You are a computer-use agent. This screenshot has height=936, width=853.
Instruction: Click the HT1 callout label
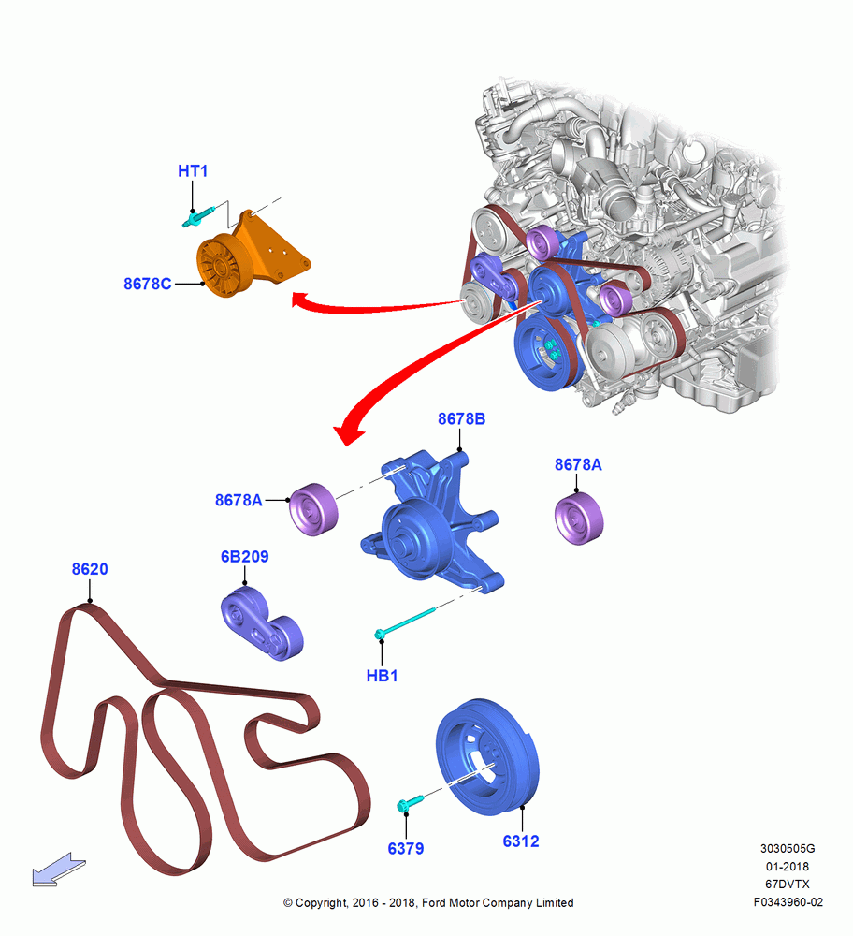pos(193,171)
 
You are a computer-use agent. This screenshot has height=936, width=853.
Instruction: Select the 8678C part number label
pos(148,285)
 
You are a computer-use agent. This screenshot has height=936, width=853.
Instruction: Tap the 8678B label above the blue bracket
pos(462,419)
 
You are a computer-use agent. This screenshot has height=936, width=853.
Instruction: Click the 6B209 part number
pos(244,557)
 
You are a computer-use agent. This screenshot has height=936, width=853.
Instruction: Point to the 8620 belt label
pos(90,569)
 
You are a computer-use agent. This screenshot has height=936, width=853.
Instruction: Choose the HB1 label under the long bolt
pos(382,676)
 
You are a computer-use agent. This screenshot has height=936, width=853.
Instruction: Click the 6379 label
pos(406,848)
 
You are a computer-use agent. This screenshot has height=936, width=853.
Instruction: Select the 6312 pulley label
pos(521,841)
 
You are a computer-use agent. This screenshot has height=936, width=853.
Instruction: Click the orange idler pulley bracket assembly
pos(251,256)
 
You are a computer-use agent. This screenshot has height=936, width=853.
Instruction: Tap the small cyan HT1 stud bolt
pos(198,217)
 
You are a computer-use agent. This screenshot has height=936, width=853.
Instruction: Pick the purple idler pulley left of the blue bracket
pos(313,509)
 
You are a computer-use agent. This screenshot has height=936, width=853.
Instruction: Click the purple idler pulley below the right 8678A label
pos(579,519)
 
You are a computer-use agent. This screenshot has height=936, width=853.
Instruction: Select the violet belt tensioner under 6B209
pos(261,623)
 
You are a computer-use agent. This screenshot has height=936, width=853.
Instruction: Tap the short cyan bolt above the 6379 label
pos(410,803)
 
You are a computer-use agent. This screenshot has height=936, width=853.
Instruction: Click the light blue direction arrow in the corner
pos(59,870)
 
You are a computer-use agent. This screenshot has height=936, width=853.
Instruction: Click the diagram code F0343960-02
pos(788,902)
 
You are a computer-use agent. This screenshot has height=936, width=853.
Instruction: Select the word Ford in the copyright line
pos(433,903)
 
